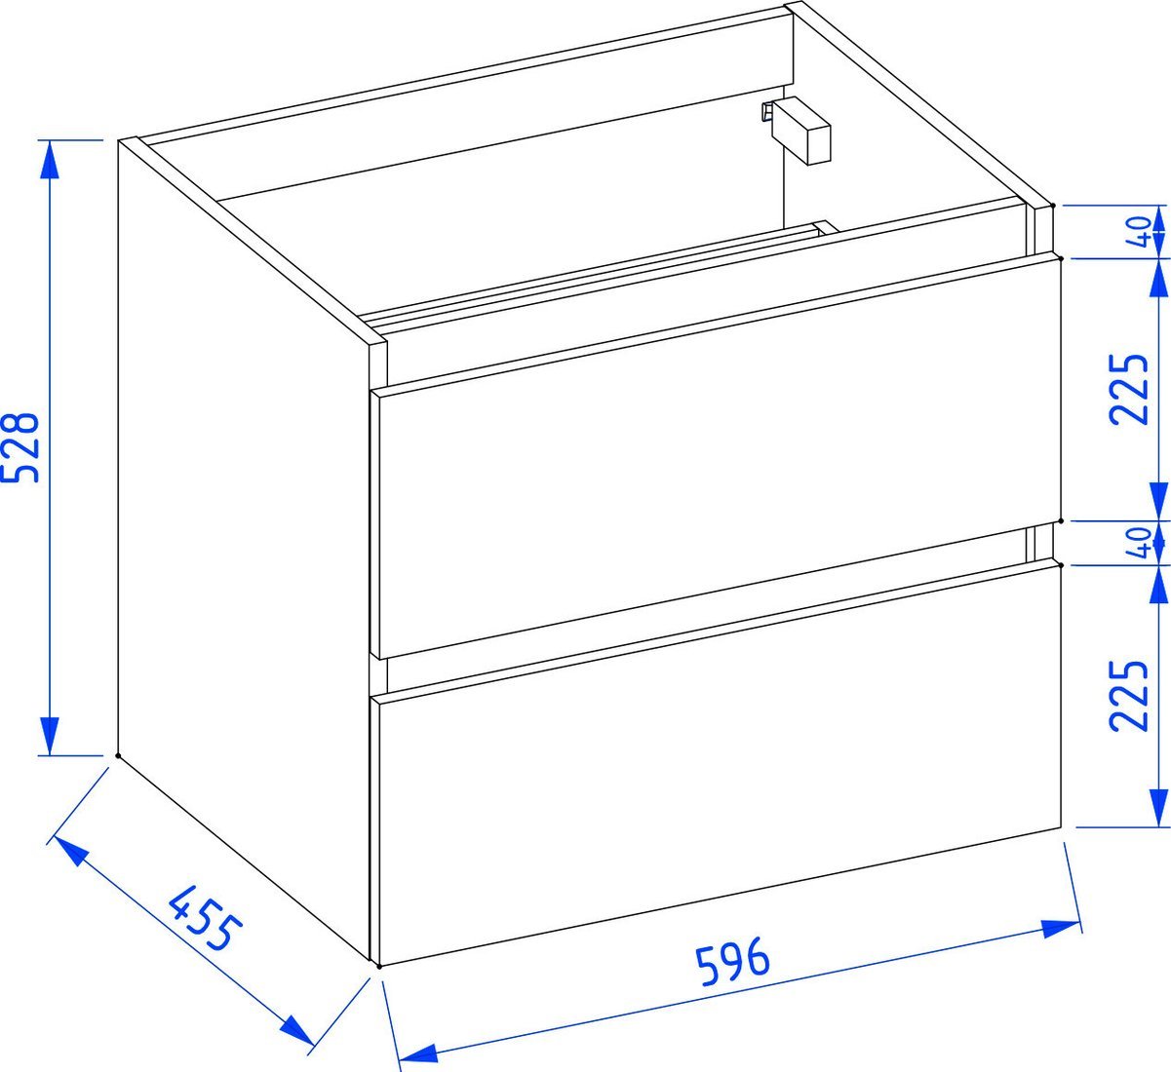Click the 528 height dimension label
coord(21,447)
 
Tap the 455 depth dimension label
coord(205,917)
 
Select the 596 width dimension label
coord(732,961)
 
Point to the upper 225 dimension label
coord(1128,389)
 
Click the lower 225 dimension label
coord(1128,695)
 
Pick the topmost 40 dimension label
coord(1139,231)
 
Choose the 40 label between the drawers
coord(1139,543)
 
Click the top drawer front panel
coord(718,458)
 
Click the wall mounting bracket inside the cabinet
coord(797,131)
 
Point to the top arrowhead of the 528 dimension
coord(50,159)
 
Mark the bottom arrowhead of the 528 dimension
coord(50,737)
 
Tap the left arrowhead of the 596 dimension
coord(418,1053)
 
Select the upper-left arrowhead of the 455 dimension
coord(69,852)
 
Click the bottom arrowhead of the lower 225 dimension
coord(1158,808)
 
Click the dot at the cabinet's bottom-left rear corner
coord(118,755)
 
